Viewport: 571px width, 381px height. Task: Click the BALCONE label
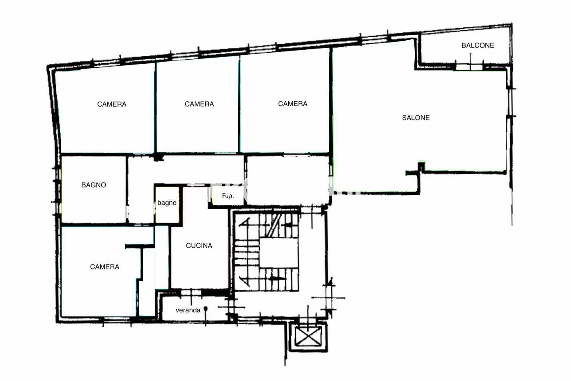click(x=478, y=45)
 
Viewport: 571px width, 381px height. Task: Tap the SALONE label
click(x=416, y=118)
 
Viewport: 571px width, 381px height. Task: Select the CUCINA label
click(x=199, y=245)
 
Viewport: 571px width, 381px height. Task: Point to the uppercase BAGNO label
click(x=93, y=185)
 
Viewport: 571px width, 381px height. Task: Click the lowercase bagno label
click(x=167, y=203)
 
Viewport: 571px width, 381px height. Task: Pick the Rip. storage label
click(x=228, y=196)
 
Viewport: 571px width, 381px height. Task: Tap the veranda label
click(x=188, y=310)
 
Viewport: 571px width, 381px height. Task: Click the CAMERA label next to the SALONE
click(x=293, y=104)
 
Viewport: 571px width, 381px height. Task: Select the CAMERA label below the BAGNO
click(x=104, y=267)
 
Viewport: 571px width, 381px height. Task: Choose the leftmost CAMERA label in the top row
click(x=112, y=104)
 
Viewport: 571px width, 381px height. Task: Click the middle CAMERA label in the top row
click(x=199, y=104)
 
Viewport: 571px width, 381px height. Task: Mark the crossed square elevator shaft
click(x=308, y=336)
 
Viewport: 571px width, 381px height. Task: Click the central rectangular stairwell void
click(x=279, y=253)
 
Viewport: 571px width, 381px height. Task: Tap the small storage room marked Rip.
click(x=228, y=196)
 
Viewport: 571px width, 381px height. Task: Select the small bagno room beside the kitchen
click(x=167, y=205)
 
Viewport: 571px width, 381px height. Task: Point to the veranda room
click(x=195, y=308)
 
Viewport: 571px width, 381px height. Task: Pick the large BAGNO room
click(x=93, y=189)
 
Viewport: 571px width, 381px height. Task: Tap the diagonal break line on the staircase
click(x=274, y=225)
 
